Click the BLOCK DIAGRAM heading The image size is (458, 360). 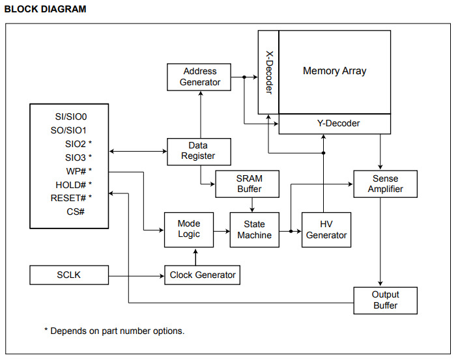[45, 10]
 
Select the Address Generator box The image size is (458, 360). [200, 77]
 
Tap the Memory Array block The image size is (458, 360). [334, 71]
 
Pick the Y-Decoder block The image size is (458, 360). [334, 123]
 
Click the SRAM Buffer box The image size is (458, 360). [248, 184]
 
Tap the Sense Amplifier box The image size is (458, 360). [384, 184]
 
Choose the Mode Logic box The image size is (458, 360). [189, 229]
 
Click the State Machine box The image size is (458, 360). [254, 229]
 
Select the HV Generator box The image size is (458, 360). [326, 229]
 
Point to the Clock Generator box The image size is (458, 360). [202, 275]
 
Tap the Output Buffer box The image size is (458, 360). [384, 300]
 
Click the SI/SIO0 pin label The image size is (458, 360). [71, 117]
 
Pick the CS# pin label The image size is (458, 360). [76, 212]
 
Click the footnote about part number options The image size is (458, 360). [114, 331]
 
